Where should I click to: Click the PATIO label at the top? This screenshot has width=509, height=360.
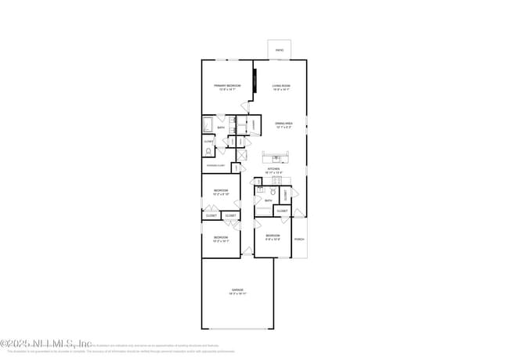[x=280, y=52]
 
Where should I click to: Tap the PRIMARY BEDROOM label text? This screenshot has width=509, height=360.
[x=227, y=85]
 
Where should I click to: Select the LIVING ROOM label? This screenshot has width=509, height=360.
[x=281, y=85]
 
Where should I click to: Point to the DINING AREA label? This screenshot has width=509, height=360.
[x=283, y=123]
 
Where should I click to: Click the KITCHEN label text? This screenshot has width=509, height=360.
[x=274, y=168]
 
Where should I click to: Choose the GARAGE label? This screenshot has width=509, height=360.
[x=236, y=290]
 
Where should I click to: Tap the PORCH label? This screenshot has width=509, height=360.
[x=299, y=239]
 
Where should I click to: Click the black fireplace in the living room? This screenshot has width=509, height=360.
[x=254, y=81]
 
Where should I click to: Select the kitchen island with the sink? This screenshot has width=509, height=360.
[x=276, y=156]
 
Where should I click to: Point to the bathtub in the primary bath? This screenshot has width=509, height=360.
[x=208, y=124]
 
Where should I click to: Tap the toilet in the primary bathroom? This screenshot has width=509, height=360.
[x=209, y=151]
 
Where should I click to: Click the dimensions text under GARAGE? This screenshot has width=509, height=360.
[x=236, y=293]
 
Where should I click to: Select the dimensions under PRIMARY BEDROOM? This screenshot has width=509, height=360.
[x=227, y=89]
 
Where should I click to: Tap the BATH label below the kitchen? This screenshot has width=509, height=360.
[x=268, y=200]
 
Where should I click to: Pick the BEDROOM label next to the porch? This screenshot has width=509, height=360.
[x=273, y=236]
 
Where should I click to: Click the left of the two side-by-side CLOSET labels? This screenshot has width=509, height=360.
[x=211, y=215]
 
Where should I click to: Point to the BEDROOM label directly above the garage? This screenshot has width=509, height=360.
[x=221, y=237]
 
